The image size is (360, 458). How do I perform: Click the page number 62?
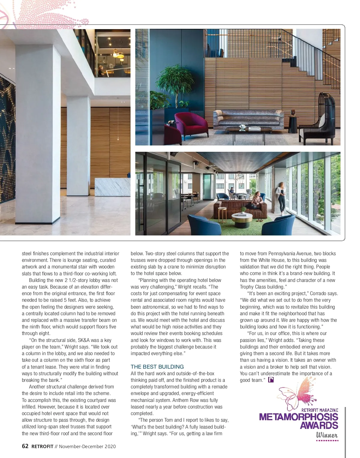(25, 446)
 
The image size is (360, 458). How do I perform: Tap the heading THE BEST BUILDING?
(157, 367)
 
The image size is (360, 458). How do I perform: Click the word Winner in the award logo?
(327, 435)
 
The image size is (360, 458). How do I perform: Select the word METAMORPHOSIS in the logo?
(298, 417)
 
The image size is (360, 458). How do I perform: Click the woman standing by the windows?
(281, 198)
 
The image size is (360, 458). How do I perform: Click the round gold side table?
(222, 213)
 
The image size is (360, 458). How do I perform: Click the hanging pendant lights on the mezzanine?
(118, 54)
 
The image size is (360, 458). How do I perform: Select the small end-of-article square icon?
(271, 380)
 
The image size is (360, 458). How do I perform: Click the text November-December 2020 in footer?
(87, 446)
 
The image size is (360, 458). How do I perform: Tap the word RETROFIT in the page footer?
(42, 446)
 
